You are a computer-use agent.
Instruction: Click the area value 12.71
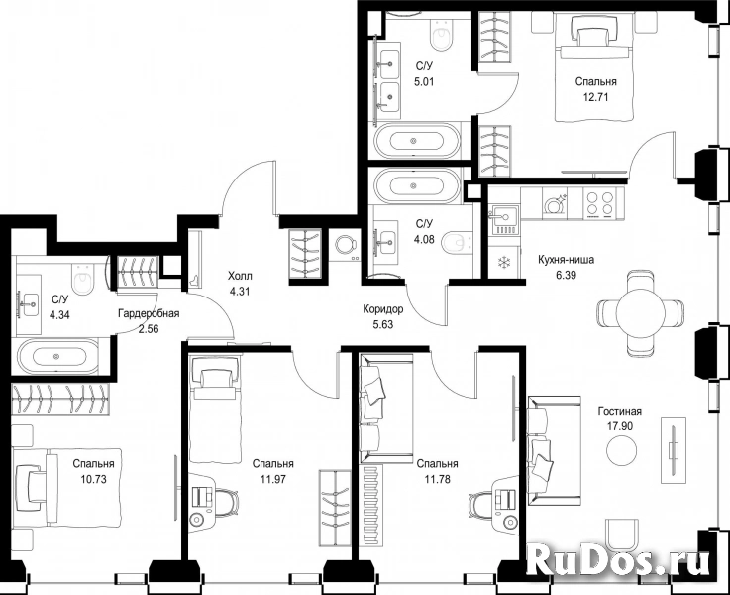pos(596,97)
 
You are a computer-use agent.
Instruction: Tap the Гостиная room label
pos(620,411)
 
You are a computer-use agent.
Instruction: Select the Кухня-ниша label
pos(566,260)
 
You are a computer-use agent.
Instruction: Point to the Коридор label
pos(383,309)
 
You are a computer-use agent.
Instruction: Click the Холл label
pos(240,277)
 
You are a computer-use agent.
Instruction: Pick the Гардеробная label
pos(149,313)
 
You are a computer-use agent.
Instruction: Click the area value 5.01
pos(424,82)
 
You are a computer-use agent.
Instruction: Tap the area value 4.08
pos(424,240)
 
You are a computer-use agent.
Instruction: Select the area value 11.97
pos(272,479)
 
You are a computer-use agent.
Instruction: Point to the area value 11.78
pos(437,479)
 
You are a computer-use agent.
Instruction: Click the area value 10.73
pos(93,479)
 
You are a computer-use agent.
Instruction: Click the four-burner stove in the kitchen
pos(599,203)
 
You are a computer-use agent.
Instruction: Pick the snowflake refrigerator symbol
pos(504,263)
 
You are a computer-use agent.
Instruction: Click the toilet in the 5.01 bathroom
pos(442,34)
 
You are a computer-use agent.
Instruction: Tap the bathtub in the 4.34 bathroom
pos(57,356)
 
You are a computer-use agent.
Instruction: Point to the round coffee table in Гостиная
pos(621,449)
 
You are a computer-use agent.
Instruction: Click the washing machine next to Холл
pos(345,245)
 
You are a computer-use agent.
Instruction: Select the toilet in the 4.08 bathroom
pos(457,242)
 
